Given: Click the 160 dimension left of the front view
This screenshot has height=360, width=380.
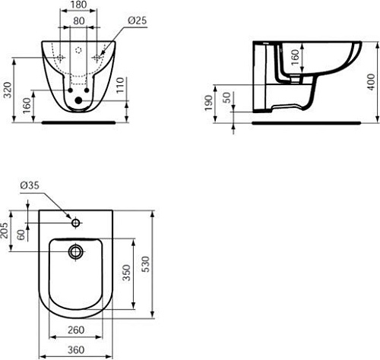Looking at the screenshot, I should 28,106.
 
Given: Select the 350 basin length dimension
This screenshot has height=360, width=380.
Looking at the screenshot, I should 137,266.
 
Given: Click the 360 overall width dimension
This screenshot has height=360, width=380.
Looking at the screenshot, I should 74,349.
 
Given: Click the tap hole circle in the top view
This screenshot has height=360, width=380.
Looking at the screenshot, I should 74,223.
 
